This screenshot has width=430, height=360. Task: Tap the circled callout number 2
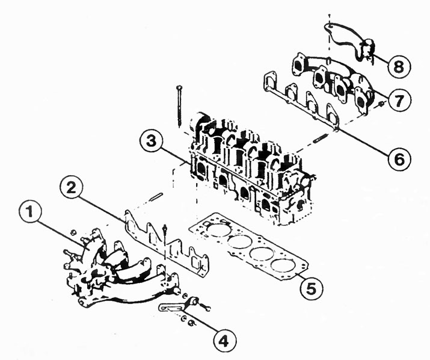pos(72,188)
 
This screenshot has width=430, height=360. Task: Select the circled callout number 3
pos(151,142)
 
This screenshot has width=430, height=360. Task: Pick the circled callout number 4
pos(224,341)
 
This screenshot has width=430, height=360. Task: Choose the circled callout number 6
pos(400,159)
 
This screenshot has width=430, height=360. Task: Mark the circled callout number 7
pos(399,100)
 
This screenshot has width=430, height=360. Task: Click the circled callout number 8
pos(399,66)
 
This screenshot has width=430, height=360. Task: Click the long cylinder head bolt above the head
pos(179,106)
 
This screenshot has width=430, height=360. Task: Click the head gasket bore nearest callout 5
pos(283,264)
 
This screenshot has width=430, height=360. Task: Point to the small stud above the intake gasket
pos(156,197)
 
